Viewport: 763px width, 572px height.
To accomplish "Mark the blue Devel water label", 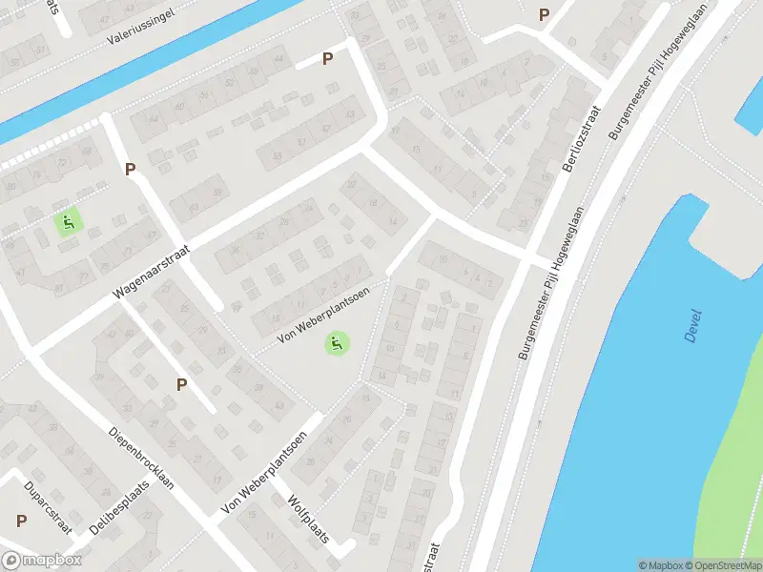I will click(692, 325).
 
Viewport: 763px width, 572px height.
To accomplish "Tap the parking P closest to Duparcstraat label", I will click(21, 521).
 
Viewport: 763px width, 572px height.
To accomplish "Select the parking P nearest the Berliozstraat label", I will click(545, 14).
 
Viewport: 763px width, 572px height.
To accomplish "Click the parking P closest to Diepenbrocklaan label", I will click(181, 384).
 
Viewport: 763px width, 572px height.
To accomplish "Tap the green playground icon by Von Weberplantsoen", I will click(335, 343).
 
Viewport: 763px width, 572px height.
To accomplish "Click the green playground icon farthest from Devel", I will click(68, 224).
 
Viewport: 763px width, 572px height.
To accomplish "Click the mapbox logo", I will click(41, 561).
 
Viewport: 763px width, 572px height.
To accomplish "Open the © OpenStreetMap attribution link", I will click(723, 565).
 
